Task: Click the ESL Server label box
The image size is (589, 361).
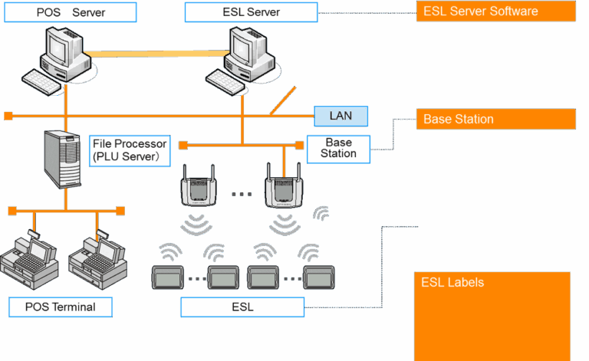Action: coord(250,11)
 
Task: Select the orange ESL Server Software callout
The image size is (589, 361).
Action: coord(495,11)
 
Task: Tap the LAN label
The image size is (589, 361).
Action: coord(341,117)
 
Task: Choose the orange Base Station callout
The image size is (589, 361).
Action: coord(495,119)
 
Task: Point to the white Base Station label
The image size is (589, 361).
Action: coord(338,148)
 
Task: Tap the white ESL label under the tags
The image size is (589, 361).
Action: coord(242,307)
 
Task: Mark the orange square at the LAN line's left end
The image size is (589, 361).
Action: coord(8,117)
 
